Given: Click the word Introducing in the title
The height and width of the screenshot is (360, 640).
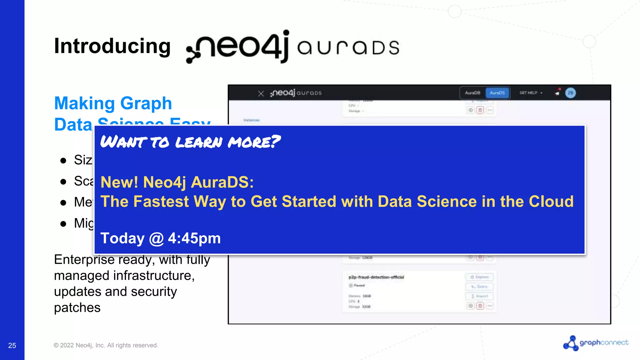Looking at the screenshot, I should tap(112, 46).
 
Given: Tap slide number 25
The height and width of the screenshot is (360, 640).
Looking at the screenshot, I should tap(12, 345).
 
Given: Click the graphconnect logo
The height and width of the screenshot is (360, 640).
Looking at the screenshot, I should tap(596, 343).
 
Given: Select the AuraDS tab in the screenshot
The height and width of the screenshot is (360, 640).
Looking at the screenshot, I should tap(497, 93).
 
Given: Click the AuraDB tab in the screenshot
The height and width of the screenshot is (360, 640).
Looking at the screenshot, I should tap(472, 93).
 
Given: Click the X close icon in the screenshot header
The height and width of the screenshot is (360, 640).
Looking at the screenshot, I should tap(261, 93).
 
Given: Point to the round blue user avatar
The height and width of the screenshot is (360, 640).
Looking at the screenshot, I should tap(570, 93).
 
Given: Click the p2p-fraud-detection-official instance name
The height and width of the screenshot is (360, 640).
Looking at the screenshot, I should tap(376, 277).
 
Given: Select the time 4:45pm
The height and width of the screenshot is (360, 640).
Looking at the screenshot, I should tap(194, 238).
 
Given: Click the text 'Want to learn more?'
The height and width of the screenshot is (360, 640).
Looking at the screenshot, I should tap(190, 142).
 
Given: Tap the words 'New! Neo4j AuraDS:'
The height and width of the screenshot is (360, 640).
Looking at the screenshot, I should tap(177, 182).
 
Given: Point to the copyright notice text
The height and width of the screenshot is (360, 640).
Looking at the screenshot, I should tap(106, 345).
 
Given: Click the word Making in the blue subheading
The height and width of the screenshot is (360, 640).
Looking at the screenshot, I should tap(85, 103).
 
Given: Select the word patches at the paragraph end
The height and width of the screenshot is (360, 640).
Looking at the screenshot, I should tap(77, 308).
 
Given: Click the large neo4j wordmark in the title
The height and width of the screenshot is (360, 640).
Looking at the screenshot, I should tap(237, 47).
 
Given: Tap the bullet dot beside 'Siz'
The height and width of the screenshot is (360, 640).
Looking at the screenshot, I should tap(63, 161).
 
